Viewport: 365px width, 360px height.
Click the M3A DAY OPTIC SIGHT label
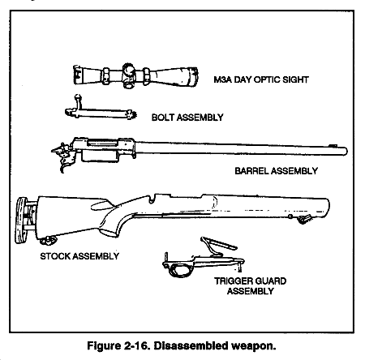pos(261,79)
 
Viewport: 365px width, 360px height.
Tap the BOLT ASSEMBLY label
pos(187,118)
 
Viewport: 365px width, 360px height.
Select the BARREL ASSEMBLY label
pos(276,171)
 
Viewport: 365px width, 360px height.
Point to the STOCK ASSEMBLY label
pos(79,256)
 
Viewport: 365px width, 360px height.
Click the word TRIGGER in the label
pos(233,281)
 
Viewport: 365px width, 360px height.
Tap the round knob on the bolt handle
pos(78,96)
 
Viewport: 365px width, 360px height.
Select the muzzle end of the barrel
pos(345,151)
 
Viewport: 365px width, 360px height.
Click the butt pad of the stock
pos(21,221)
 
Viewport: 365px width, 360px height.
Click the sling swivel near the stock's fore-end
pos(304,219)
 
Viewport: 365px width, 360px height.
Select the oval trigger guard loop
pos(179,270)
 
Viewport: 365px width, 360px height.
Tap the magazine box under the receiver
pos(100,156)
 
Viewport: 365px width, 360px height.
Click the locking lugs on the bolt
pos(131,114)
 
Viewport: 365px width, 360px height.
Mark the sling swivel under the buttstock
pos(48,240)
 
